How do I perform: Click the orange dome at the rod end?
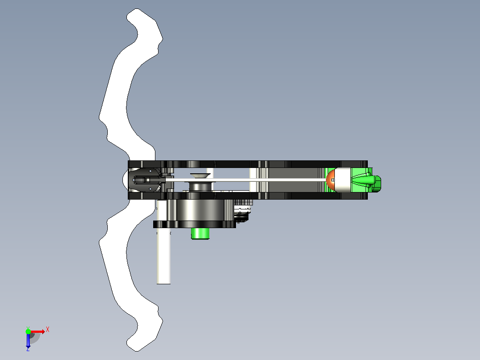click(330, 180)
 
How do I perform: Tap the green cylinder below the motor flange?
click(200, 233)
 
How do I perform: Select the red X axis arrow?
click(38, 331)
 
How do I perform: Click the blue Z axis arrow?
click(28, 341)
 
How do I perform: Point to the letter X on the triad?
click(48, 330)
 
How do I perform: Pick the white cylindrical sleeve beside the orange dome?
click(343, 180)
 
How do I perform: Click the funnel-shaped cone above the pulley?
click(200, 176)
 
